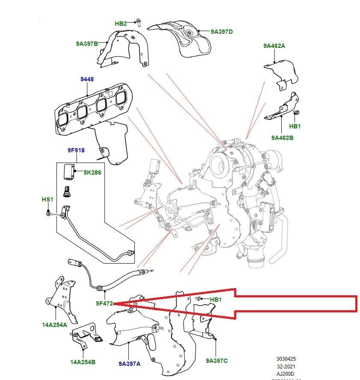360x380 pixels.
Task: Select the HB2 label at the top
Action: pos(121,24)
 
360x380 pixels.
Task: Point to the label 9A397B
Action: pos(87,43)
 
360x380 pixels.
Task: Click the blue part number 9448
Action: pos(87,80)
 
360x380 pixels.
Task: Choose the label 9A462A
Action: pos(274,46)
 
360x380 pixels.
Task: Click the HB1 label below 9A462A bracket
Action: pos(295,126)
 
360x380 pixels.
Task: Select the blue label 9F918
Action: pos(76,150)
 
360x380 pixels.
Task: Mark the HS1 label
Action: pos(48,199)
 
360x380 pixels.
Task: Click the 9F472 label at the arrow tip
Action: pos(104,303)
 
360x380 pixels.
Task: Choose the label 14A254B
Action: pos(83,362)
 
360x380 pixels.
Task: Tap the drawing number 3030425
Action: pos(286,359)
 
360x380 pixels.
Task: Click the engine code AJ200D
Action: pos(286,373)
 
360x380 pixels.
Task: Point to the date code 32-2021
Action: pos(286,366)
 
